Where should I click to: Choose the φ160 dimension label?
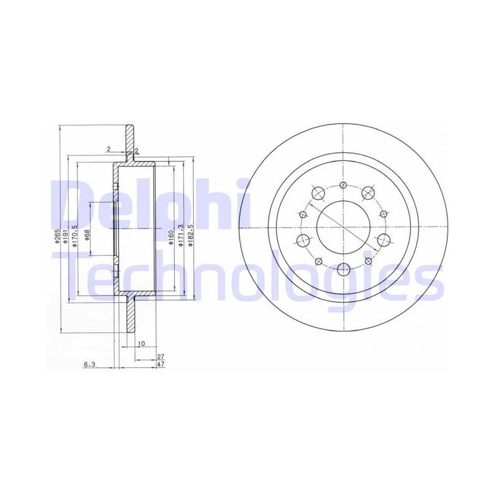(171, 236)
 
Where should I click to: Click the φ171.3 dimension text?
(181, 236)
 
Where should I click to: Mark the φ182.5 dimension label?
(190, 236)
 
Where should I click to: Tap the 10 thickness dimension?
(142, 343)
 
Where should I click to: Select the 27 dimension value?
(161, 356)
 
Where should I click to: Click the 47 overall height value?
(161, 364)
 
